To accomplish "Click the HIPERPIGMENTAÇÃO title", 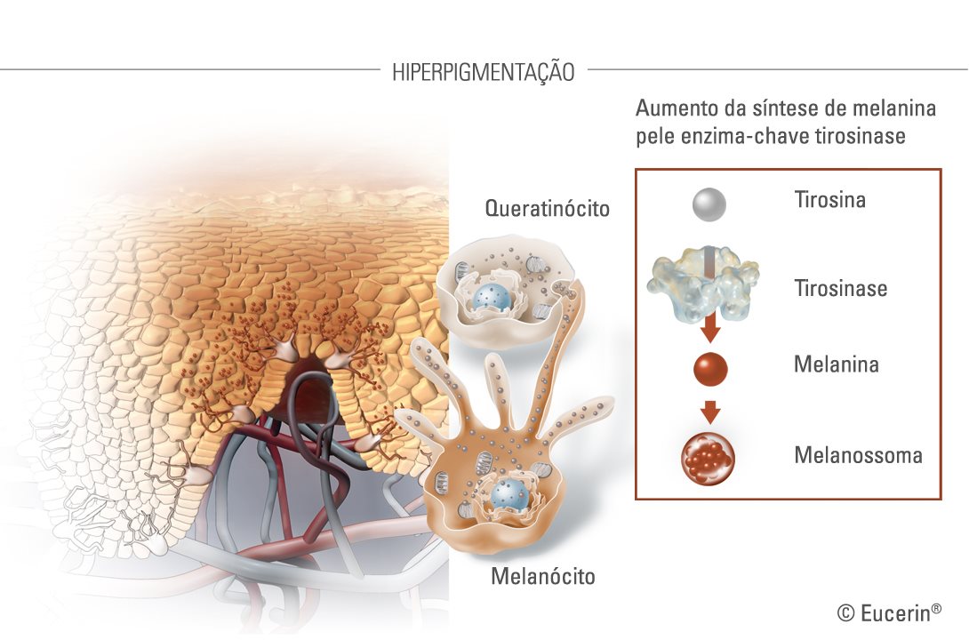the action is coord(484,72).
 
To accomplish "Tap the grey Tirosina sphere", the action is coord(709,204).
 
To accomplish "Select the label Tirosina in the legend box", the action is coord(829,199).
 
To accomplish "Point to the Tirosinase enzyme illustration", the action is coord(702,284).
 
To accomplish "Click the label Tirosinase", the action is coord(840,288).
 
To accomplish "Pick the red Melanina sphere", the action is coord(710,369).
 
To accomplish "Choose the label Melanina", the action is coord(837,364).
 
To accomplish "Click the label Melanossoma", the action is coord(858,455).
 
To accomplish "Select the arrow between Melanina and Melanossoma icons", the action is coord(710,412).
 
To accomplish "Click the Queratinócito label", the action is coord(547,209).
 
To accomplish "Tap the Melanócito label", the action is coord(543,576).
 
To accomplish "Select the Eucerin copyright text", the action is coord(889,612).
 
